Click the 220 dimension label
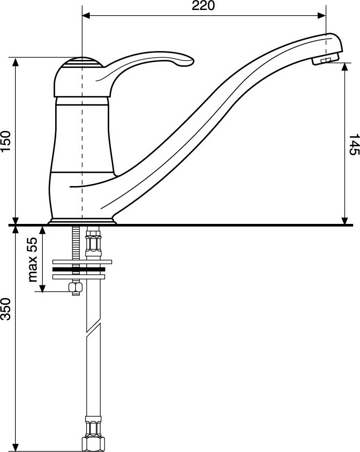(203, 5)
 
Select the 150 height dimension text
(6, 141)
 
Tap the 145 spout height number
(354, 145)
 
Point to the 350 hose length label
(6, 309)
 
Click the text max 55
(33, 260)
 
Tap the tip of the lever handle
(193, 61)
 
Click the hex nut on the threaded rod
(76, 287)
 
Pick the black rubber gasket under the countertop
(78, 270)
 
